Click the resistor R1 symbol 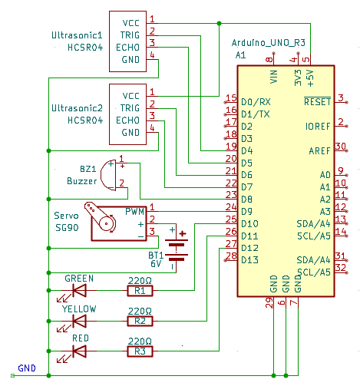[140, 291]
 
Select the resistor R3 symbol [140, 351]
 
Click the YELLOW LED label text [79, 308]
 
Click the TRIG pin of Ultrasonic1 [130, 35]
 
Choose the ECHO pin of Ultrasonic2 [130, 120]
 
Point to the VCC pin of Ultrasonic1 [130, 22]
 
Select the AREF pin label [320, 150]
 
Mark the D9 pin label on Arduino [248, 211]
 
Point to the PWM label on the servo [135, 211]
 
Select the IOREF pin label [318, 126]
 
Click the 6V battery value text [156, 263]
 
